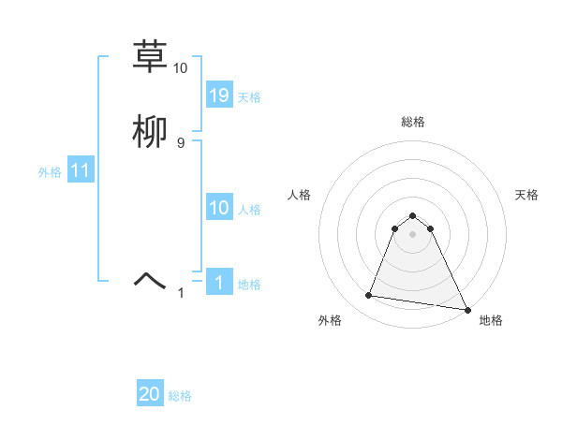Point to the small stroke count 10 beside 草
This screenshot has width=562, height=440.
[x=181, y=68]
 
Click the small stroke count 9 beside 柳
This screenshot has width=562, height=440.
[x=181, y=142]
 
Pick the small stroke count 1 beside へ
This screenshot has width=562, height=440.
[x=181, y=293]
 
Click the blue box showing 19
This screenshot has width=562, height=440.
[x=219, y=95]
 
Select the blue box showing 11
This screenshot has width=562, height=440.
[x=81, y=171]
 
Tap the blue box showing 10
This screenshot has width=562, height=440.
[x=219, y=208]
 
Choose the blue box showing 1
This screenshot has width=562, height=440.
[x=219, y=283]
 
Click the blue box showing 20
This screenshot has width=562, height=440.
[x=150, y=394]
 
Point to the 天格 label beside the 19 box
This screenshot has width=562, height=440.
[x=249, y=97]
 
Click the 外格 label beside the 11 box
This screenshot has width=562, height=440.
[x=50, y=172]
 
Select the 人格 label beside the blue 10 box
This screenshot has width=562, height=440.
[x=249, y=210]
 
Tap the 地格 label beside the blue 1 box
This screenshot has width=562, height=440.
[x=249, y=285]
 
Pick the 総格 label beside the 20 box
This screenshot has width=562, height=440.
[x=180, y=396]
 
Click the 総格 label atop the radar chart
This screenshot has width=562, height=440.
[x=413, y=122]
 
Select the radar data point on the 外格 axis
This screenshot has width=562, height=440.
[x=368, y=296]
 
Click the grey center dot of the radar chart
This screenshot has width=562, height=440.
[x=413, y=233]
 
